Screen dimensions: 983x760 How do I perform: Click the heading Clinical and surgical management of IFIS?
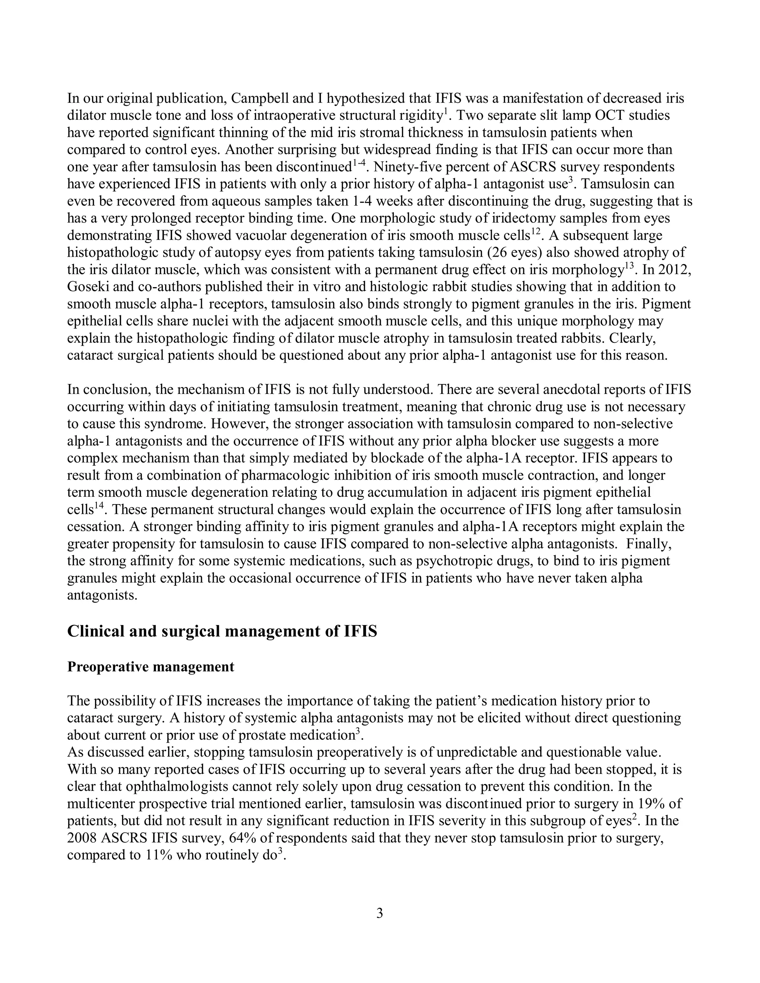(x=222, y=631)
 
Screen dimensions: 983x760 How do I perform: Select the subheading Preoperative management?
(x=151, y=667)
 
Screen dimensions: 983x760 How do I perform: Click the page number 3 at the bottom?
(x=380, y=913)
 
